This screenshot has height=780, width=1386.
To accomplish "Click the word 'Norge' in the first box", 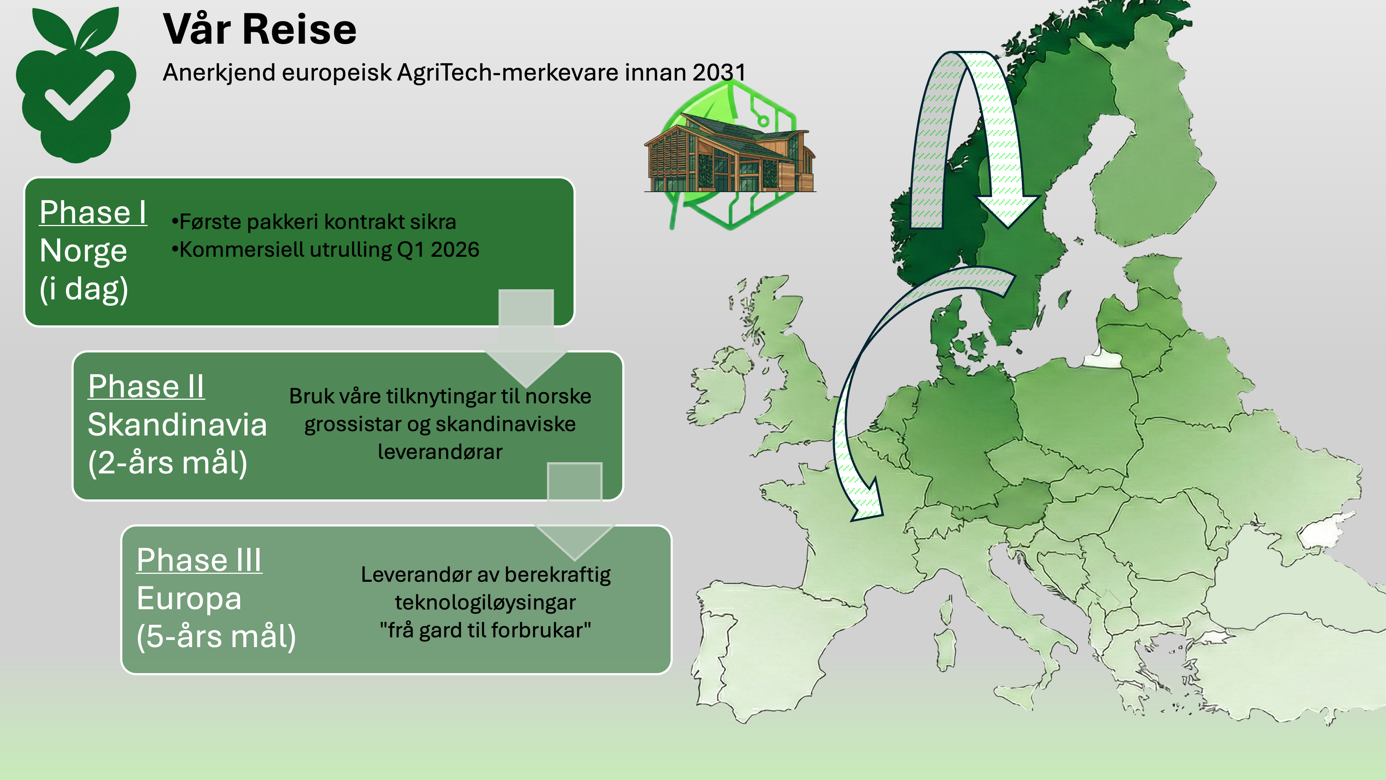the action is click(x=83, y=251).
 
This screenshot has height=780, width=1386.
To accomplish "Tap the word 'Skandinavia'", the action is click(x=178, y=424).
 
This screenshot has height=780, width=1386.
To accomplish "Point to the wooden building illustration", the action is click(x=730, y=153).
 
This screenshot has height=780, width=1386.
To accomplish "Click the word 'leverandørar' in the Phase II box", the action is click(x=440, y=452).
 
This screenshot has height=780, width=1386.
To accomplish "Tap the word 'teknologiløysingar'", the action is click(x=485, y=602).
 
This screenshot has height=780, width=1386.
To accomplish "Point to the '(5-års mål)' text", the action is click(x=216, y=636).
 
